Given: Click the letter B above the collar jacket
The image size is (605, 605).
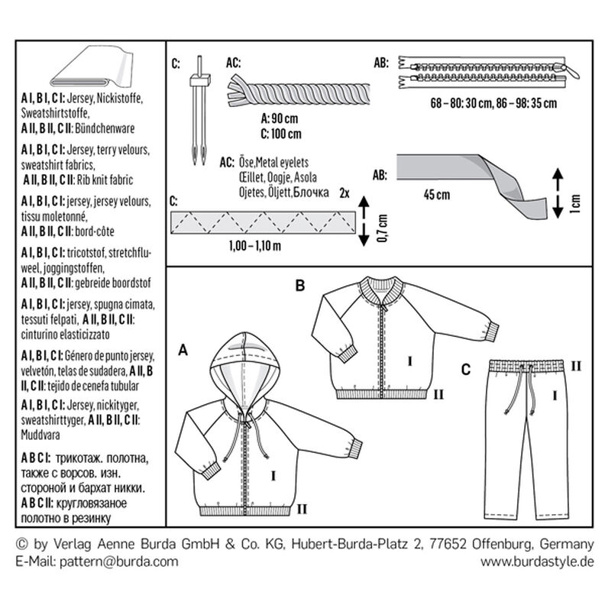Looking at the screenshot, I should coord(301,287).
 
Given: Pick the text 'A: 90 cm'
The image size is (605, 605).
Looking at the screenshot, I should coord(281,120).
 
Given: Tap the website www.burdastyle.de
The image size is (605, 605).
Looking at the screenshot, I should coord(536,561).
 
